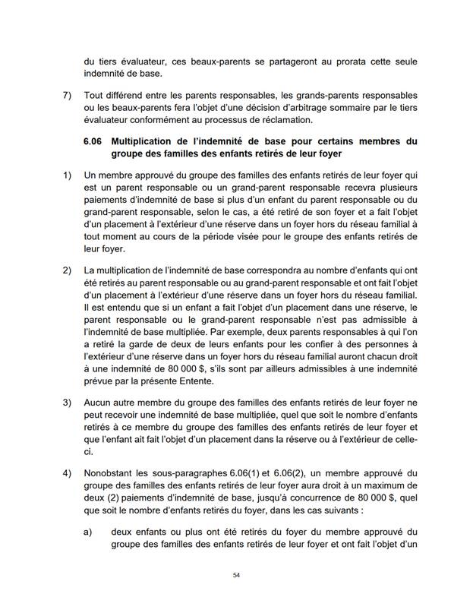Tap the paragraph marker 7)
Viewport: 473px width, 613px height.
(x=67, y=98)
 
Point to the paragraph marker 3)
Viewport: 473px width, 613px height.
(x=67, y=401)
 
